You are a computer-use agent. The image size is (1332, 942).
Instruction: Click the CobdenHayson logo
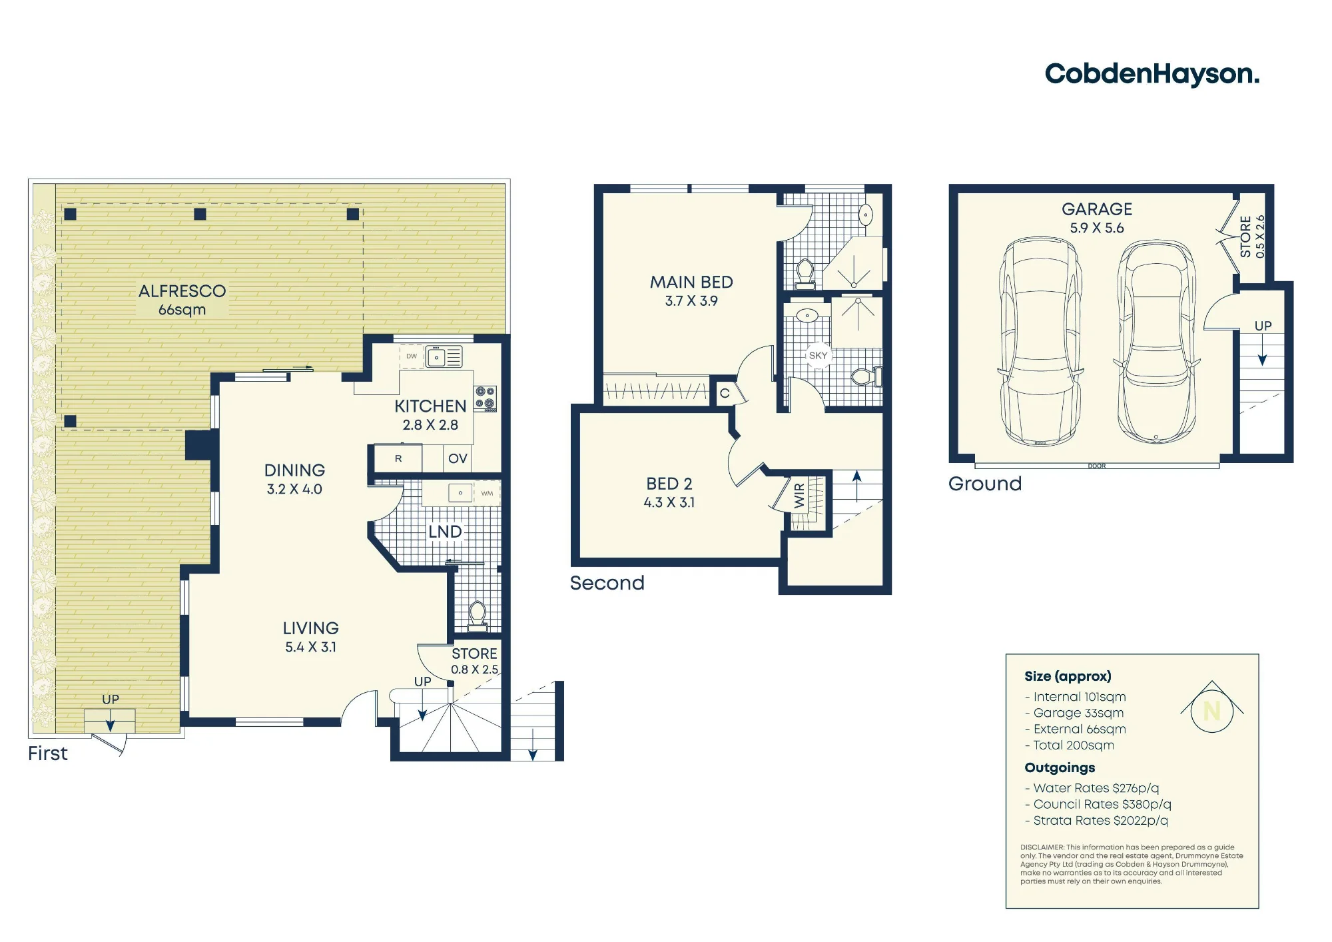(x=1152, y=75)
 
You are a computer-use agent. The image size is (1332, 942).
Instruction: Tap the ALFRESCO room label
(x=182, y=291)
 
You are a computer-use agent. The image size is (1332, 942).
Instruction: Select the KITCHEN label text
(x=430, y=406)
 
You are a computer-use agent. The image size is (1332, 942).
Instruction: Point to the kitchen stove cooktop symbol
(x=485, y=398)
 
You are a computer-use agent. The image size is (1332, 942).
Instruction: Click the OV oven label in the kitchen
(x=458, y=458)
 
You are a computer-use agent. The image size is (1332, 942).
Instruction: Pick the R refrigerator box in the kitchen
(x=398, y=458)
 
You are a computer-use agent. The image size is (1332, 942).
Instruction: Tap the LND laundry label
(x=445, y=532)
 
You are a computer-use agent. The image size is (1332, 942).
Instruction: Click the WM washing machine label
(x=487, y=494)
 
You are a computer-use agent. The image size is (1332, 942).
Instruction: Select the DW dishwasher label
(x=412, y=356)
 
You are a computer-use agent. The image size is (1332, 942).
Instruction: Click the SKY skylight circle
(x=818, y=356)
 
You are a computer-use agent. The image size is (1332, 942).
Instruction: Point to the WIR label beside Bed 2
(x=799, y=496)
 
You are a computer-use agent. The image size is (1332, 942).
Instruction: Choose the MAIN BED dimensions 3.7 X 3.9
(x=691, y=301)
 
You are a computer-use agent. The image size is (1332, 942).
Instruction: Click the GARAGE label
(x=1097, y=209)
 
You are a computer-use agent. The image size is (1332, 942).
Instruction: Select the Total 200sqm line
(x=1070, y=745)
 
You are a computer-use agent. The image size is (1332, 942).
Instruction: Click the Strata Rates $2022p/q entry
(x=1096, y=821)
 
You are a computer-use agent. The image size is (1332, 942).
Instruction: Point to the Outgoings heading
(x=1060, y=768)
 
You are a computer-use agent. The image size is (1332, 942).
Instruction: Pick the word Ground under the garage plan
(x=985, y=484)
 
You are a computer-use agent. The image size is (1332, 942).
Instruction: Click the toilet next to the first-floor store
(x=477, y=616)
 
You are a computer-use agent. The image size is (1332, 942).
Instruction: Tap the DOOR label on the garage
(x=1097, y=466)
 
